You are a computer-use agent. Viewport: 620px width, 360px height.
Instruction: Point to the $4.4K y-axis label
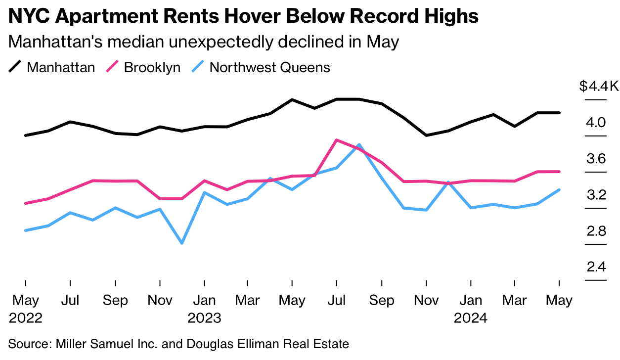599,87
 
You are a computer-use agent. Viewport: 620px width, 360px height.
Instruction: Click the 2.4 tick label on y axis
596,268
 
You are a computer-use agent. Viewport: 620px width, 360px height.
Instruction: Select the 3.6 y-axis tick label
596,159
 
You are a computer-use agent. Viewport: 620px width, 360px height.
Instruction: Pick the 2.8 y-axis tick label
596,231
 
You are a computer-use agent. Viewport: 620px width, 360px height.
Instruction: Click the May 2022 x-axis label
26,309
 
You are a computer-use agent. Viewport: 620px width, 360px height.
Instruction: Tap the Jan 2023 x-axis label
204,309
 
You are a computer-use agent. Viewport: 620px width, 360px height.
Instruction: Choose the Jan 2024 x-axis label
471,309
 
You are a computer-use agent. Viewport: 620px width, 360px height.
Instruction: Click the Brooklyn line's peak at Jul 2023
336,140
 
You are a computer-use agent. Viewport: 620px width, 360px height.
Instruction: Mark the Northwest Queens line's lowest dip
182,243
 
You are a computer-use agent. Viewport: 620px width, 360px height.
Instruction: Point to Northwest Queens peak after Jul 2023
359,145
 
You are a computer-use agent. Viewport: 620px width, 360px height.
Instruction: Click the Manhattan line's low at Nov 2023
426,135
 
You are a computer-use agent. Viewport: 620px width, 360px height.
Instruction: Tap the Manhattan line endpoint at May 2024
559,113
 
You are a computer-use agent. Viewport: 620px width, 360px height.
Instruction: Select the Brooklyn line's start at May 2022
26,203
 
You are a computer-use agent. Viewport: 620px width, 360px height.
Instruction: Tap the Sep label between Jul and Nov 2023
382,301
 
